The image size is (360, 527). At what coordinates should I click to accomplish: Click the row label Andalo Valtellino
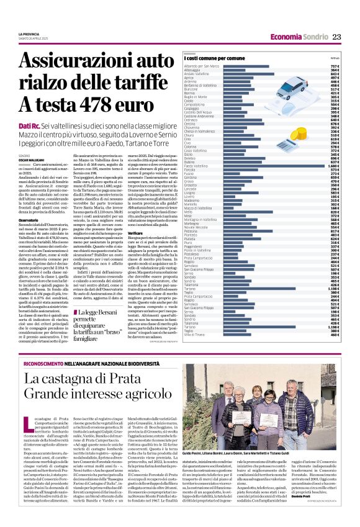pyautogui.click(x=198, y=74)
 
